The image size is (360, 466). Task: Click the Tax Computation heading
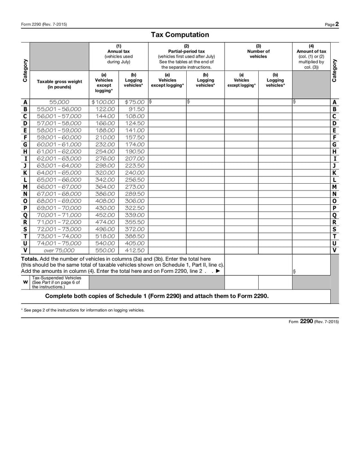(x=180, y=35)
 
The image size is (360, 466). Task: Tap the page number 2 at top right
(x=337, y=24)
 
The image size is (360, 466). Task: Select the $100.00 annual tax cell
(x=103, y=102)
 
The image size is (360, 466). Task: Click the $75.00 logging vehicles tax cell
(x=134, y=102)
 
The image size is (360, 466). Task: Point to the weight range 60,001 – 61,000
(x=59, y=145)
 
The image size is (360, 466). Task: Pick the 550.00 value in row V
(x=105, y=250)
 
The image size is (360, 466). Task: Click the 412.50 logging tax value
(x=135, y=250)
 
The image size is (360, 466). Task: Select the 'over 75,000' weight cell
(x=59, y=250)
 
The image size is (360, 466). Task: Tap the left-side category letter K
(x=25, y=172)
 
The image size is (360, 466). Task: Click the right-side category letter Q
(x=334, y=215)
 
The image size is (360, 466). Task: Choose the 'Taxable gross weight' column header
(x=59, y=84)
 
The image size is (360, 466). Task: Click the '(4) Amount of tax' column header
(x=311, y=56)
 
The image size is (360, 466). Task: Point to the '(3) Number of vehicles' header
(x=258, y=51)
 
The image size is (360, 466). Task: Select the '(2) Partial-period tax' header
(x=186, y=56)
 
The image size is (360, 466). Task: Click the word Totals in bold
(x=30, y=259)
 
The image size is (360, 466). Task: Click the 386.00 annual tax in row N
(x=105, y=194)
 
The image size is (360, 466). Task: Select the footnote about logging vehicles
(x=83, y=310)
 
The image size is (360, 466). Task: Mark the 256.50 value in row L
(x=135, y=180)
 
